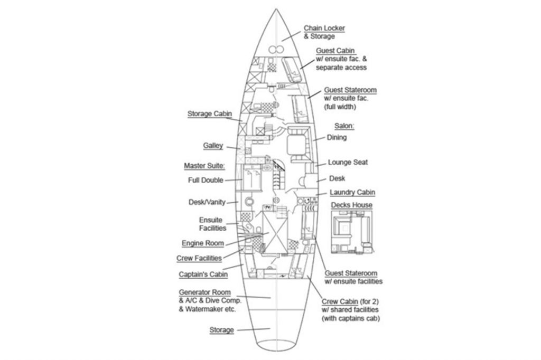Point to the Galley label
213,146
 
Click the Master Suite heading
204,166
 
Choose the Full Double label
205,180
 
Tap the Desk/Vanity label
207,202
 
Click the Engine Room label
202,243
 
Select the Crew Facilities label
199,258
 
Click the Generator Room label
205,292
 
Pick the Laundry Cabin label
352,193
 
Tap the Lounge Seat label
348,163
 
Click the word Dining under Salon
337,138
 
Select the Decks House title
351,205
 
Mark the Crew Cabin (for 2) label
349,302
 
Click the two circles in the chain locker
274,49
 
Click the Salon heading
344,126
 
